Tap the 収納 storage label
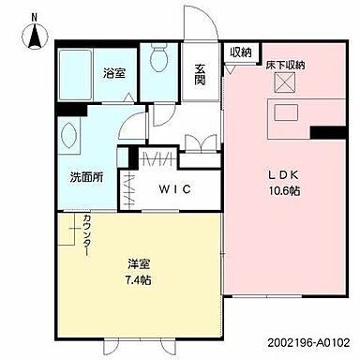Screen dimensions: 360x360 coord(240,52)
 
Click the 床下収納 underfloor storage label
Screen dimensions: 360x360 coord(284,65)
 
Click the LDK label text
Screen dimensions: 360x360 coord(283,173)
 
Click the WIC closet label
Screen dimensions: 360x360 coord(173,188)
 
